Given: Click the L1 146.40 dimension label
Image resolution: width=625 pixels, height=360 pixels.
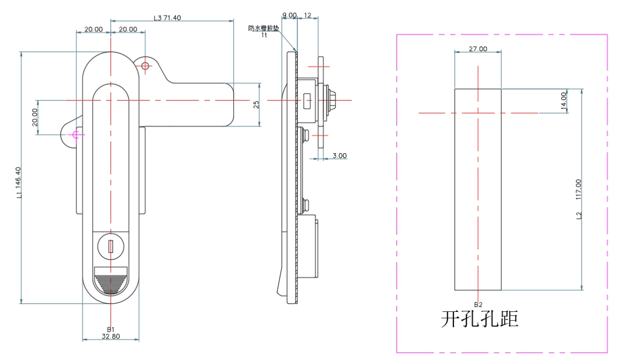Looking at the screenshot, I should (x=19, y=182).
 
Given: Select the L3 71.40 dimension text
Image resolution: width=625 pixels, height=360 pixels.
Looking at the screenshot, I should (x=168, y=18).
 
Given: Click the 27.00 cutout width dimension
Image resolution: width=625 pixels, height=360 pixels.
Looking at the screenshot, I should (x=478, y=49).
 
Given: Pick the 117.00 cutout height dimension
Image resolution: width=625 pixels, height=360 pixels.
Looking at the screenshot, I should (x=578, y=189).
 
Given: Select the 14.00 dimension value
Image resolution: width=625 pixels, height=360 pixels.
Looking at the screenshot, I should (x=563, y=101).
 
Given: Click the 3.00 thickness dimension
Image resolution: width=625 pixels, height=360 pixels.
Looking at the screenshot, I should (x=340, y=156).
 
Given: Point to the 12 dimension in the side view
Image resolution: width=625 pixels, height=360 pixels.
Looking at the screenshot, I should (x=307, y=15).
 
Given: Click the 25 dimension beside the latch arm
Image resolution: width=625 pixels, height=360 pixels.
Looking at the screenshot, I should (x=256, y=105).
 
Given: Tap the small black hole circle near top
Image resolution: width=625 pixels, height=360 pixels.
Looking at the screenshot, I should (x=145, y=66).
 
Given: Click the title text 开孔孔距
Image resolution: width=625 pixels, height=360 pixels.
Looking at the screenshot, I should (x=479, y=319).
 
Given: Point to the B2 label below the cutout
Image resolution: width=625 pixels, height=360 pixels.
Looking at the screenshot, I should (x=478, y=304).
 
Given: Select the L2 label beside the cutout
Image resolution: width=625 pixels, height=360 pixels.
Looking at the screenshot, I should (x=578, y=215).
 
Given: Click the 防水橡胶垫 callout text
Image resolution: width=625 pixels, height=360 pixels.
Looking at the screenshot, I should (x=264, y=28).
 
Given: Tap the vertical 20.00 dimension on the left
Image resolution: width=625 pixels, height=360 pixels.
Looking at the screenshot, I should (x=35, y=118).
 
